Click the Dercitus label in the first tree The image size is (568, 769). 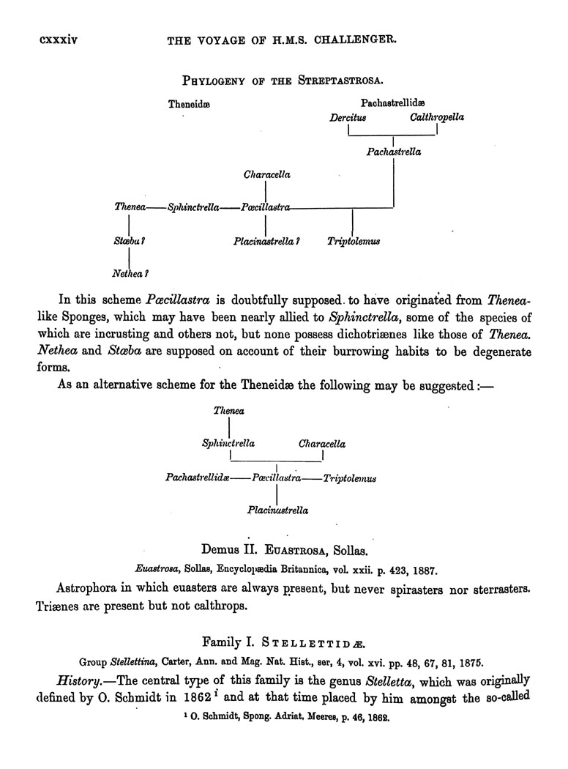(x=348, y=117)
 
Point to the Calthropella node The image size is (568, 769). (x=437, y=117)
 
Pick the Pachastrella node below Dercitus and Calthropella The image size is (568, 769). (x=394, y=152)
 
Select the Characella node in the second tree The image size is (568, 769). (x=322, y=444)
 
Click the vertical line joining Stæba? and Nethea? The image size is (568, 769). (x=130, y=257)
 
